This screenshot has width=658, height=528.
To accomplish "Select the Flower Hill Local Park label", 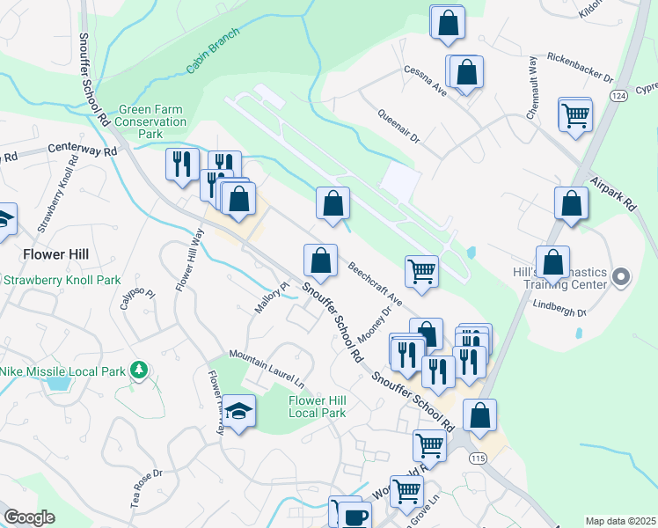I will [x=318, y=407].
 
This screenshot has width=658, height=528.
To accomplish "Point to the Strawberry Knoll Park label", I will [x=61, y=281].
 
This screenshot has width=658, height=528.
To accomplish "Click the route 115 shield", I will [x=479, y=459].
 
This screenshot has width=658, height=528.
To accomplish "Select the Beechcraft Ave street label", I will [x=374, y=284].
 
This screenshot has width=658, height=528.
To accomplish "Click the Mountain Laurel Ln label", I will [x=267, y=369].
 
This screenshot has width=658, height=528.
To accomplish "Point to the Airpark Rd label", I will [x=612, y=190].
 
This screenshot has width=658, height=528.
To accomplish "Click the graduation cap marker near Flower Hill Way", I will [x=238, y=411].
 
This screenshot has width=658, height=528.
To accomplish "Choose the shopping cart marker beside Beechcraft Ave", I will [x=422, y=271].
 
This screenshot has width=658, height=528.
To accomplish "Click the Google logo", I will [x=29, y=517].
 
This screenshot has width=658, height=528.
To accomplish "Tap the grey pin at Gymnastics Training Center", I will [x=622, y=278].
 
